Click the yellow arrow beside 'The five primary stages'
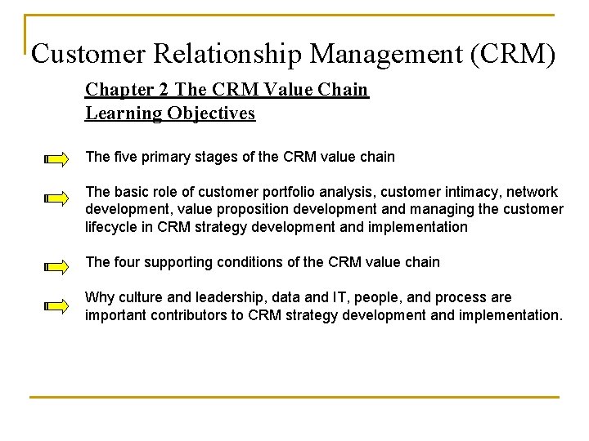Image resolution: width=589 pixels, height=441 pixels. (x=57, y=159)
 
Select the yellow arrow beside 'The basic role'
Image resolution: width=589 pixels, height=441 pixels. (x=57, y=198)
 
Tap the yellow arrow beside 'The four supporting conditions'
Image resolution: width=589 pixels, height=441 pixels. (x=57, y=266)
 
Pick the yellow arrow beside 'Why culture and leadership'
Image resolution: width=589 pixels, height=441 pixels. (x=57, y=306)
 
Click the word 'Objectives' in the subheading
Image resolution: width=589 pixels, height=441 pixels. (x=212, y=114)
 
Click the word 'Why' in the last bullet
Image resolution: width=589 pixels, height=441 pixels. (x=99, y=297)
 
